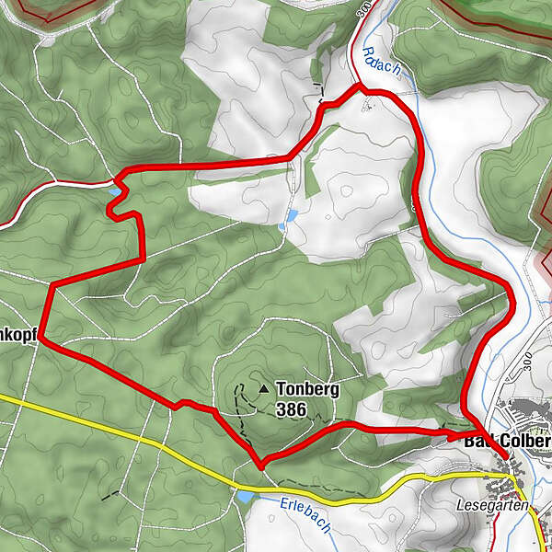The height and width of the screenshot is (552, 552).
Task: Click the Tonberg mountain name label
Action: [307, 389]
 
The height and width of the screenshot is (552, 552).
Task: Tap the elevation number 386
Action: [291, 408]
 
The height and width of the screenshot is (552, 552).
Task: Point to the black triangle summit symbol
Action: [264, 389]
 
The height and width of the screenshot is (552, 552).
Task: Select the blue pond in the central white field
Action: [291, 215]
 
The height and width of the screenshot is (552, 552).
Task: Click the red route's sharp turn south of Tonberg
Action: [262, 463]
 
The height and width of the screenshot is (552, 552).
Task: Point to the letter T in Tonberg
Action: [281, 389]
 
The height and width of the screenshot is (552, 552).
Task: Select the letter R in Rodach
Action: [367, 52]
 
